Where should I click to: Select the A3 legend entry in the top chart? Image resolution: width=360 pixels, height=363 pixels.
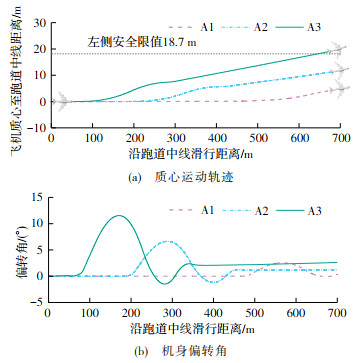[297, 27]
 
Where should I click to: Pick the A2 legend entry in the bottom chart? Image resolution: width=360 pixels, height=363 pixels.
[244, 211]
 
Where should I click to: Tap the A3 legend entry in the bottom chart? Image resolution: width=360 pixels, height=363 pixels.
[297, 211]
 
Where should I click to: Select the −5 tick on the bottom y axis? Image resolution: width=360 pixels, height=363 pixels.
[38, 302]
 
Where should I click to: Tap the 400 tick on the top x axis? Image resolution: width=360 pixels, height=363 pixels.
[216, 138]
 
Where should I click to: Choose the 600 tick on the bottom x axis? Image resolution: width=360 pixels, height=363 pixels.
[295, 313]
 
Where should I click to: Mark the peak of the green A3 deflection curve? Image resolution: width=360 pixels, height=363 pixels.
[119, 215]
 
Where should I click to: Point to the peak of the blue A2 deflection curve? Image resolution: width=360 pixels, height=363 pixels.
[168, 241]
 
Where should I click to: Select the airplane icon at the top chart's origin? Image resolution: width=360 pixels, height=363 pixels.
[60, 101]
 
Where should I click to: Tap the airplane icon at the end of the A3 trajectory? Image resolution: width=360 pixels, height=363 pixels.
[337, 49]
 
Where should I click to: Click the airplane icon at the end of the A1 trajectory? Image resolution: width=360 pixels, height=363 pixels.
[339, 88]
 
